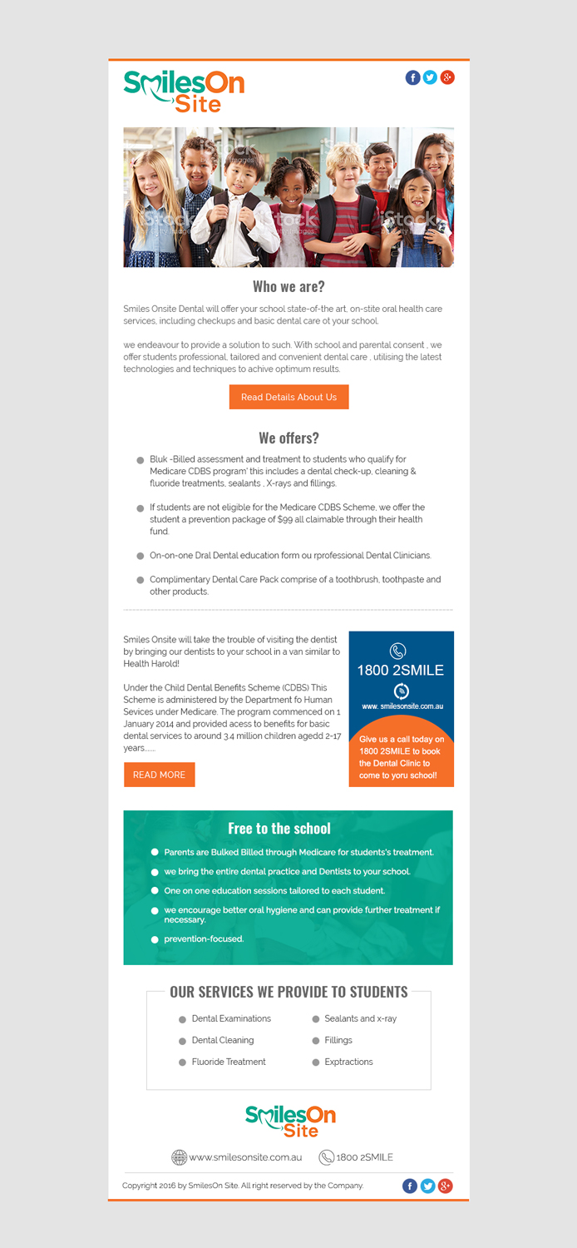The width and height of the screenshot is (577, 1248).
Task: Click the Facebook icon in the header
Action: pos(413,77)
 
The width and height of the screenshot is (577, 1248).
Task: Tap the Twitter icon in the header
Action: pos(430,77)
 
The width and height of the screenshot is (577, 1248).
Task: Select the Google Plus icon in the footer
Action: pos(446,1186)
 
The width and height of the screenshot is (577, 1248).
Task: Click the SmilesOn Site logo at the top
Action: pos(184,91)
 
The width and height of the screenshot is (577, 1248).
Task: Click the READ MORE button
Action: pos(159,775)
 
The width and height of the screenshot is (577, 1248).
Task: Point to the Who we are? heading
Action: pos(288,287)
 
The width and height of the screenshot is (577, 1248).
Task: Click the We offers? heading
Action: pos(288,438)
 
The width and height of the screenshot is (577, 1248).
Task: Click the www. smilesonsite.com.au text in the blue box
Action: pos(402,706)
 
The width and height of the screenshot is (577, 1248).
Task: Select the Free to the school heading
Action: pos(279,829)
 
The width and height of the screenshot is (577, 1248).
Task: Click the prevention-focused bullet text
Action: pos(204,938)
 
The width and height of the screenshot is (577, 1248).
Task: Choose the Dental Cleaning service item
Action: pos(223,1040)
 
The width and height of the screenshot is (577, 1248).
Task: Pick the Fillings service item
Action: pos(338,1040)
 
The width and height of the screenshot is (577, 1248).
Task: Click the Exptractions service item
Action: pos(348,1062)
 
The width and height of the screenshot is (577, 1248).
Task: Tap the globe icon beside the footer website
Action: pos(179,1157)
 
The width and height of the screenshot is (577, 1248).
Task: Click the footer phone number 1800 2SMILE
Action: pos(364,1157)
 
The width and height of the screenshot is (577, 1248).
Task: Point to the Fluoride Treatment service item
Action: pos(229,1062)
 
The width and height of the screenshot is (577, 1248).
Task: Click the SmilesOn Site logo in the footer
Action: pos(290,1121)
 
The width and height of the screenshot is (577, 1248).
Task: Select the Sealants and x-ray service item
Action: pos(360,1018)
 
